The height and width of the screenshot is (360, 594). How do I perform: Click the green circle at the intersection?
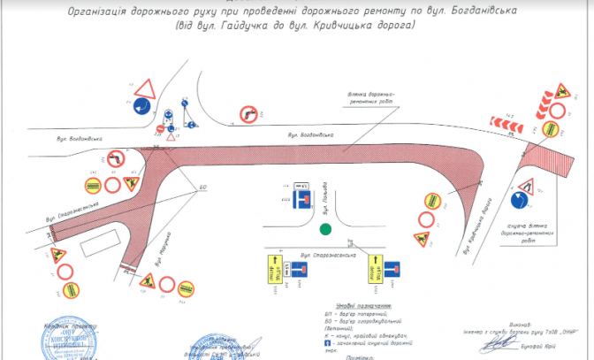326,230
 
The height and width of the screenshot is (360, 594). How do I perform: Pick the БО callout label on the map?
202,187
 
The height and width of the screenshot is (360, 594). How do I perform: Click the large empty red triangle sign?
145,89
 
